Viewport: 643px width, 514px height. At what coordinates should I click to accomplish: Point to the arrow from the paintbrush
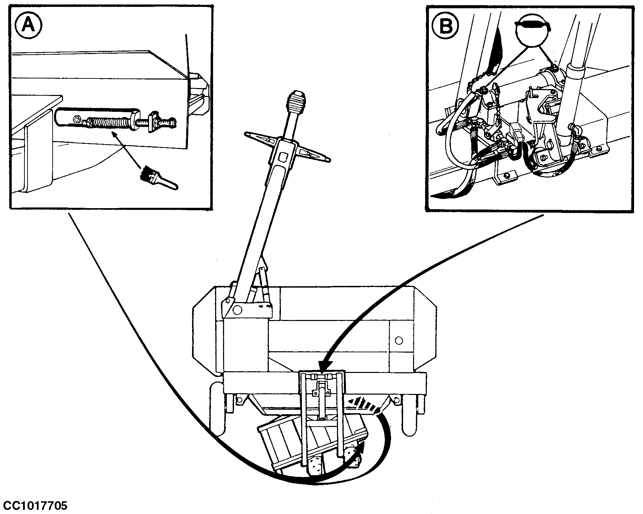click(x=126, y=149)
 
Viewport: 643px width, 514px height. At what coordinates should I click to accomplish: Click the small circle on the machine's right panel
click(x=399, y=341)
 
